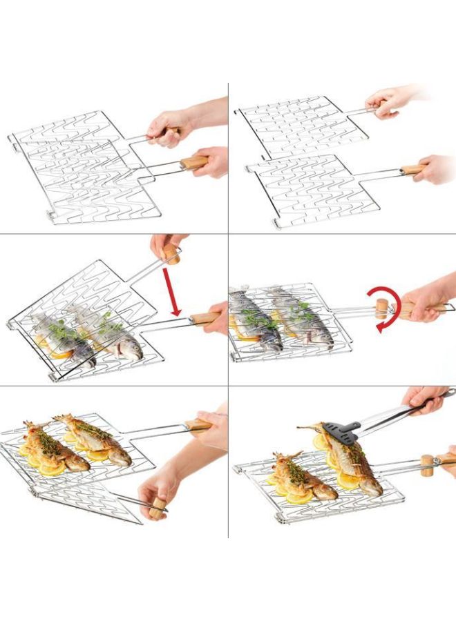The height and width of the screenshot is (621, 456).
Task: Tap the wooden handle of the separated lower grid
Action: pos(412,170)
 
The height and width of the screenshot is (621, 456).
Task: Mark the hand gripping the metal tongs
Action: pos(425,400)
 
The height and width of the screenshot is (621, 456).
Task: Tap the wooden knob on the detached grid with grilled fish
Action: pos(158,509)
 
